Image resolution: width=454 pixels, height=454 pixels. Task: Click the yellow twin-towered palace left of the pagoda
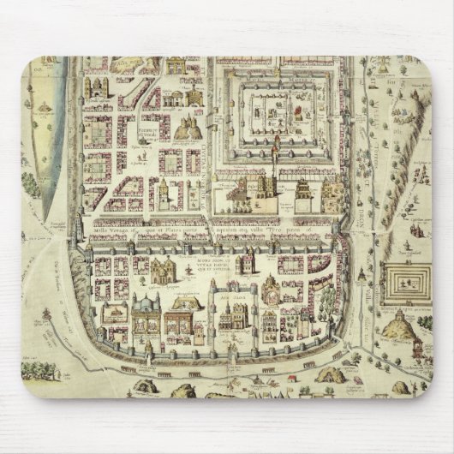[242, 192]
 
